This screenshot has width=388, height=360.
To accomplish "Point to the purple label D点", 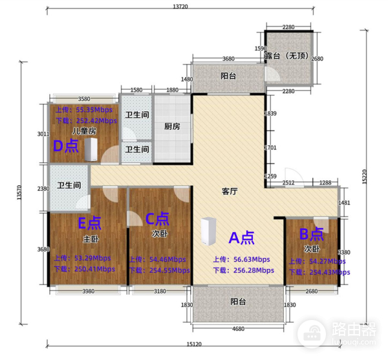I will click(x=66, y=146).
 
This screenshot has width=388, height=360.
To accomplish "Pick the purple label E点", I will click(x=90, y=224).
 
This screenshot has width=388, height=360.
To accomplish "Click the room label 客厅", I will click(x=230, y=191).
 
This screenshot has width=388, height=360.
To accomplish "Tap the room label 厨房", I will click(x=171, y=127).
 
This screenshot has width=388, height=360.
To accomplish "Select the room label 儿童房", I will click(x=84, y=131).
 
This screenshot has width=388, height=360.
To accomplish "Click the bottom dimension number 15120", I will click(x=193, y=344).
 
